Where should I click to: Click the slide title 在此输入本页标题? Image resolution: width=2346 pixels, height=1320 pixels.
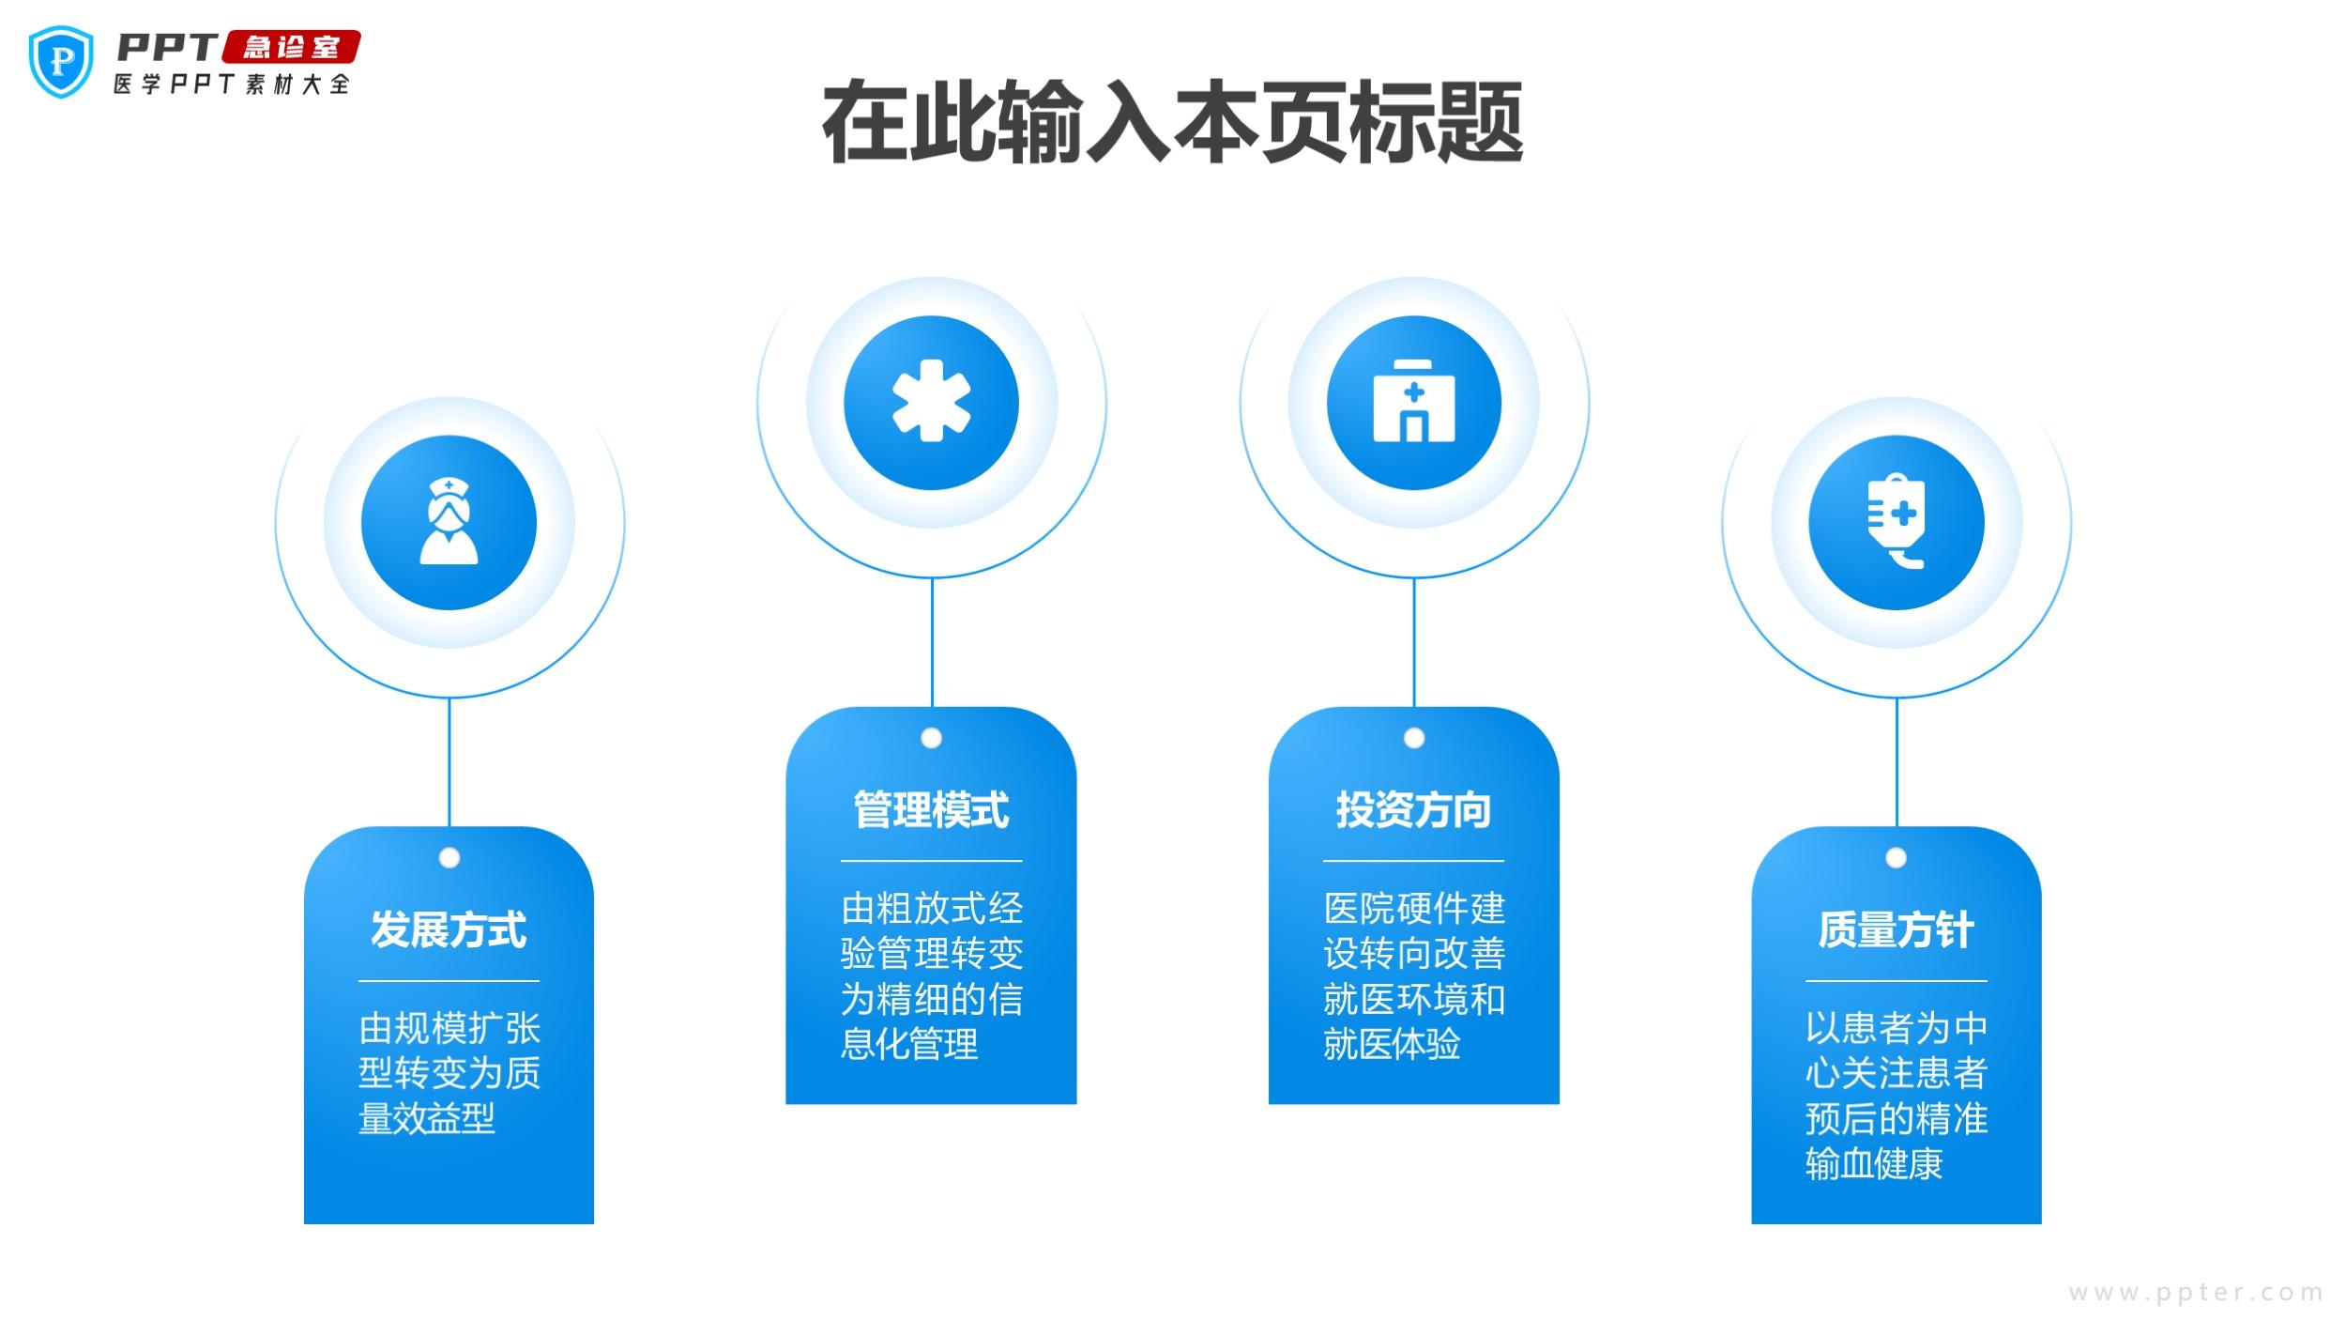point(1172,123)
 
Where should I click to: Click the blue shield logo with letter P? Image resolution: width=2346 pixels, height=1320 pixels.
point(62,62)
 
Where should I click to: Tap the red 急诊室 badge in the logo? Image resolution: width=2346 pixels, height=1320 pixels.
point(291,47)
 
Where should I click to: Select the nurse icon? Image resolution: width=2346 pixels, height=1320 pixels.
point(449,521)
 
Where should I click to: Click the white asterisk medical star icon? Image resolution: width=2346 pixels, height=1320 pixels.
point(931,401)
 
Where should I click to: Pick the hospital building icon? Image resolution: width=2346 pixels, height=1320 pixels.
point(1413,401)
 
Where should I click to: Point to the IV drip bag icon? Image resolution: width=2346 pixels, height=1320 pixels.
point(1896,521)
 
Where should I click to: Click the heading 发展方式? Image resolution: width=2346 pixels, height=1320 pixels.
point(449,929)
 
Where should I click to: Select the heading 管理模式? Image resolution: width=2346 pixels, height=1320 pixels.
point(931,809)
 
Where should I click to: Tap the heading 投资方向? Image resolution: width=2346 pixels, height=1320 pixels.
point(1413,809)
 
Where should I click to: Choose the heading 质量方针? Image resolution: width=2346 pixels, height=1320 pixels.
point(1896,929)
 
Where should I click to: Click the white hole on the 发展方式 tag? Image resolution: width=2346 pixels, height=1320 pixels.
point(449,858)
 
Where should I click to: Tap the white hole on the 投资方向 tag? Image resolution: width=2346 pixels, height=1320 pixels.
point(1414,739)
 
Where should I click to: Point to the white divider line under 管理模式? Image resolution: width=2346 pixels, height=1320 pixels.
point(931,861)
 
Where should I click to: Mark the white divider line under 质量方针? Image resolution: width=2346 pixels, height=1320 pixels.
point(1896,981)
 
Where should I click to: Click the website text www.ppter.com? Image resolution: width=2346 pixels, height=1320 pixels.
point(2196,1293)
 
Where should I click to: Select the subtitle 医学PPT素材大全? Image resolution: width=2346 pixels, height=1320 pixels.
point(232,84)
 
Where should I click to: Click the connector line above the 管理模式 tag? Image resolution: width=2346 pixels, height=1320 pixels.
point(932,642)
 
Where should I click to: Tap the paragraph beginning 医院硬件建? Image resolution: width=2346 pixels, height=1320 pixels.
point(1413,976)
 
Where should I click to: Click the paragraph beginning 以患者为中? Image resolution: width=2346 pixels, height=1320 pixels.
point(1896,1096)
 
